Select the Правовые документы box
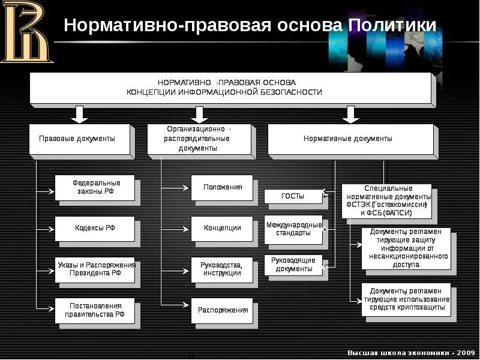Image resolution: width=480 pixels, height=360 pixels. coord(80,139)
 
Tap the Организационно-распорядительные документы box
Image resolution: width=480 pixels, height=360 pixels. coord(200,139)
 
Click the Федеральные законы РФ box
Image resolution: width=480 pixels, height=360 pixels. coord(95,188)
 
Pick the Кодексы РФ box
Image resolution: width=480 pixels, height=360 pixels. coord(95,229)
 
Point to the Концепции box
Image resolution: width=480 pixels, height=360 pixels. coord(222,229)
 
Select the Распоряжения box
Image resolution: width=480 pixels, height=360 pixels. coord(222,310)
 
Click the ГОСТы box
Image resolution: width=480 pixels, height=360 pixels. coord(293,196)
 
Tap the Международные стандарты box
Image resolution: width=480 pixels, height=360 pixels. coord(293,229)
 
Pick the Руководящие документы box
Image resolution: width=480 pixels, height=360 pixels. coord(293,265)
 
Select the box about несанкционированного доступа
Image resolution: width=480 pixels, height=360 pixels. coord(406,248)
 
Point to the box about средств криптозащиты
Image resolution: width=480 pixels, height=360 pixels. coord(406,299)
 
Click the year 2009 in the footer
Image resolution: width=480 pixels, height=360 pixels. coord(464,352)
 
